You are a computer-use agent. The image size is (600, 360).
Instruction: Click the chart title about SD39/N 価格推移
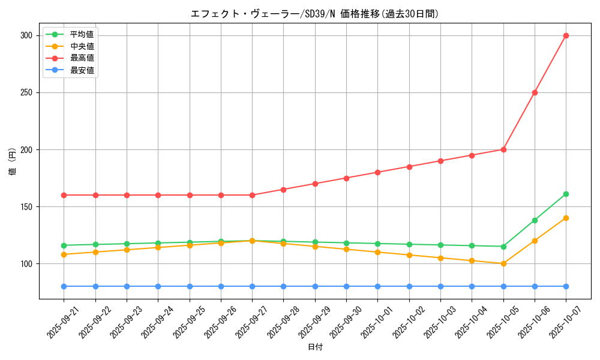[x=314, y=14]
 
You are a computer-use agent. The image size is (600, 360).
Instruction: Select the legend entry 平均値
[x=82, y=34]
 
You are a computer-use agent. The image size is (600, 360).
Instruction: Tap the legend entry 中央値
[x=82, y=46]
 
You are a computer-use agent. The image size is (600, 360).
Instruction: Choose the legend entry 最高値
[x=82, y=58]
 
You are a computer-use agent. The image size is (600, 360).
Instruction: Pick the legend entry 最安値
[x=82, y=70]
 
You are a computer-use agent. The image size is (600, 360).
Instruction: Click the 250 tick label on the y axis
[x=27, y=92]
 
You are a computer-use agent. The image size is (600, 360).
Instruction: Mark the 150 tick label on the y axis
[x=27, y=206]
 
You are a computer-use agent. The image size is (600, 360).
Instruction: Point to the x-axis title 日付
[x=314, y=347]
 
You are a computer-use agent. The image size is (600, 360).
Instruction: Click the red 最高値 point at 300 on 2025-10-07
[x=566, y=35]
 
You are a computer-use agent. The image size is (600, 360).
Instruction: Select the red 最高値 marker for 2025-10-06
[x=535, y=92]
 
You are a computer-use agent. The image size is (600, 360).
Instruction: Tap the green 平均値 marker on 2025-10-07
[x=566, y=194]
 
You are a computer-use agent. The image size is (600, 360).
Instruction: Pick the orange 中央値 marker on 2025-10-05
[x=503, y=263]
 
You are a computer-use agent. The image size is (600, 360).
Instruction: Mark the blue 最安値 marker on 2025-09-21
[x=64, y=286]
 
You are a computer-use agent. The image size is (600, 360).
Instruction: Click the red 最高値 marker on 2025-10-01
[x=377, y=172]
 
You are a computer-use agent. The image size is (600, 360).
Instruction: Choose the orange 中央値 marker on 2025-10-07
[x=566, y=218]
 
